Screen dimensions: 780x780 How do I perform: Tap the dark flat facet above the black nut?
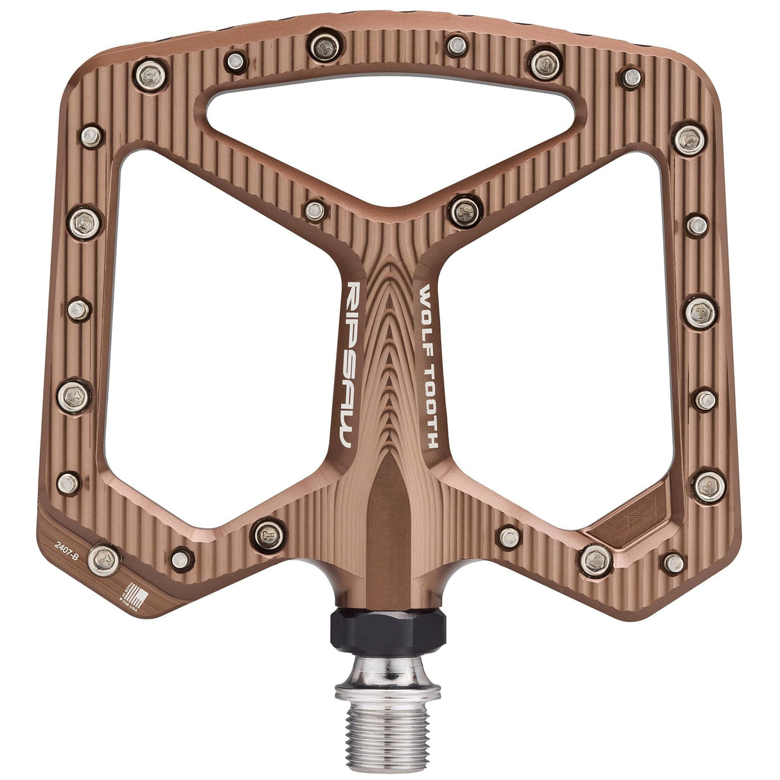pyautogui.click(x=387, y=514)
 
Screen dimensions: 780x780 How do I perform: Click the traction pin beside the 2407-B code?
pyautogui.click(x=103, y=559)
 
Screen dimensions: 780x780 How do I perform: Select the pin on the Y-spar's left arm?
pyautogui.click(x=314, y=209)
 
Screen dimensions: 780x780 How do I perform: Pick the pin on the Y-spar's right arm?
pyautogui.click(x=465, y=211)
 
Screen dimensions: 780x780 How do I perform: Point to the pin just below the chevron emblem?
pyautogui.click(x=596, y=560)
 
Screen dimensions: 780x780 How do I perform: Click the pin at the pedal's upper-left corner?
pyautogui.click(x=151, y=74)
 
